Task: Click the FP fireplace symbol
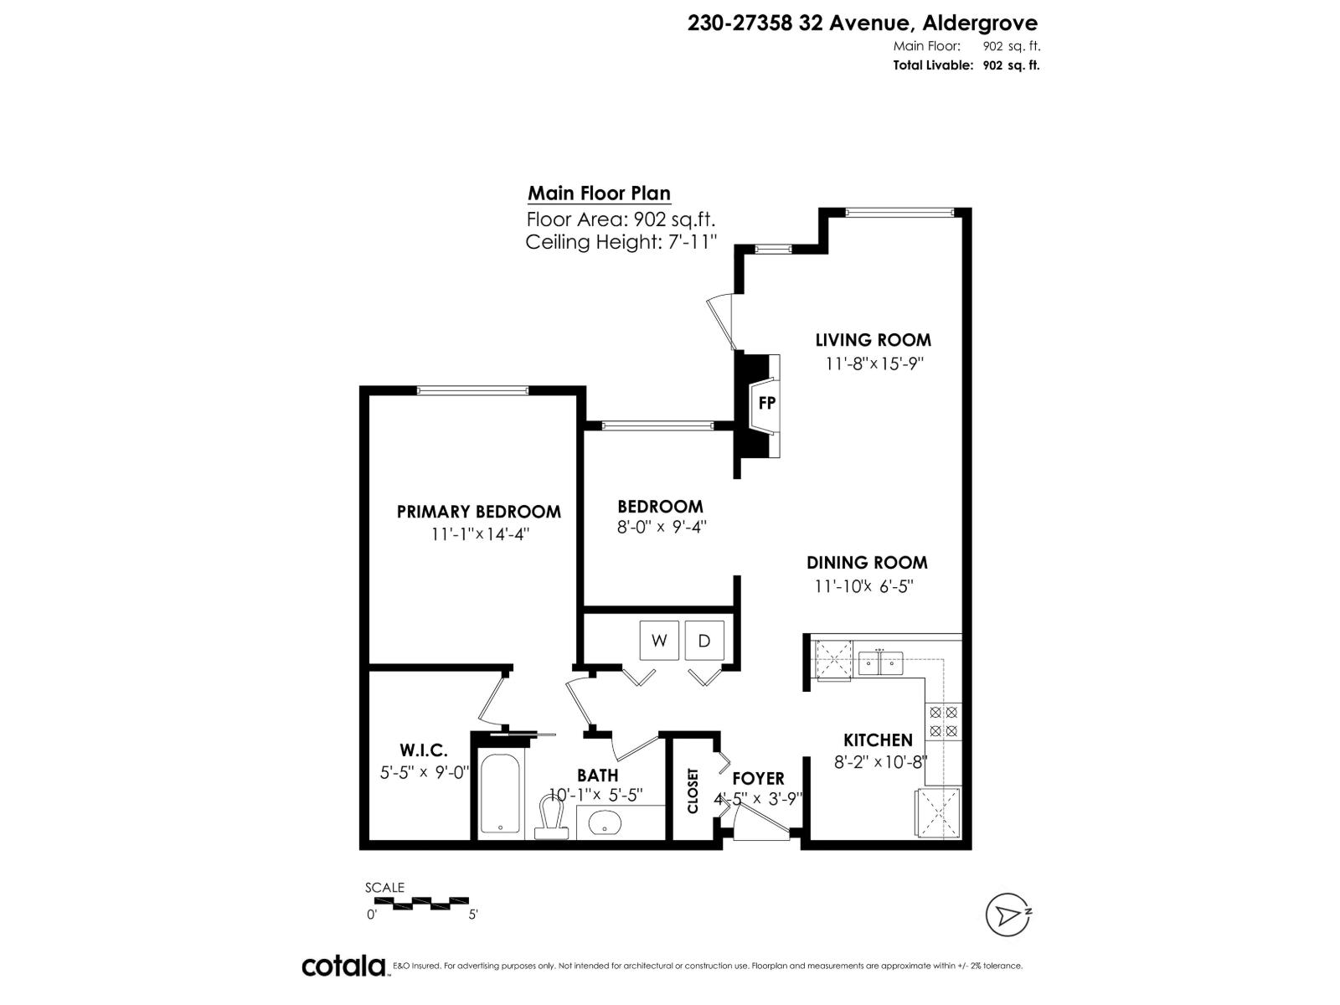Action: [x=765, y=403]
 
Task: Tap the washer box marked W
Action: [x=659, y=641]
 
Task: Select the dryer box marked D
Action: [x=704, y=641]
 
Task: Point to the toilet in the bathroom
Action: [x=551, y=817]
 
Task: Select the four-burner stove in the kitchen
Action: [x=943, y=722]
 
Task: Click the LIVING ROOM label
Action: [x=873, y=340]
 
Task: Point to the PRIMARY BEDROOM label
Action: [x=478, y=512]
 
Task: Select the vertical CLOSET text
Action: [x=693, y=791]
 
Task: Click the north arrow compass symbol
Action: [x=1007, y=915]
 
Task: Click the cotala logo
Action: [x=343, y=966]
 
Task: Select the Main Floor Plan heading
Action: [x=599, y=193]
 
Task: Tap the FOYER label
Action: [x=758, y=779]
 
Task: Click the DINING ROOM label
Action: [x=867, y=563]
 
